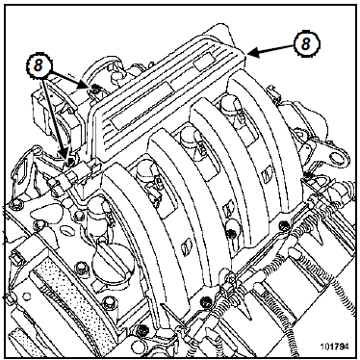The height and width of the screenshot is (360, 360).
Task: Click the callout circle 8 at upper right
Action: point(306,44)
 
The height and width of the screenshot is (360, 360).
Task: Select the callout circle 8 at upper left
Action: point(39,65)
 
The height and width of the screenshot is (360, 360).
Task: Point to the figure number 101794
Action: point(333,347)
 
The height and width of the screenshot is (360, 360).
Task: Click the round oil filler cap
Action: point(111,262)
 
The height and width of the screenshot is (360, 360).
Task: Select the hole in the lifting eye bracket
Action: point(336,157)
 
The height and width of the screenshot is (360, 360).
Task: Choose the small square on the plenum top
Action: point(205,63)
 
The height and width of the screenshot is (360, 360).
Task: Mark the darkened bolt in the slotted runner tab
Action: point(230,232)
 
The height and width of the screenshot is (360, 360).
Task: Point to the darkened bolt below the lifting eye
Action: point(308,174)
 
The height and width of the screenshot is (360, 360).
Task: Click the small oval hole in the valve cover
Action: point(65,230)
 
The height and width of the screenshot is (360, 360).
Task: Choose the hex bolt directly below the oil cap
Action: point(108,300)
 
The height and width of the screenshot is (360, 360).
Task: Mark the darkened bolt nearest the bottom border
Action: point(141,329)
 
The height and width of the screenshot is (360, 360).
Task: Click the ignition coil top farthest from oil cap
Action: point(228,105)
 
